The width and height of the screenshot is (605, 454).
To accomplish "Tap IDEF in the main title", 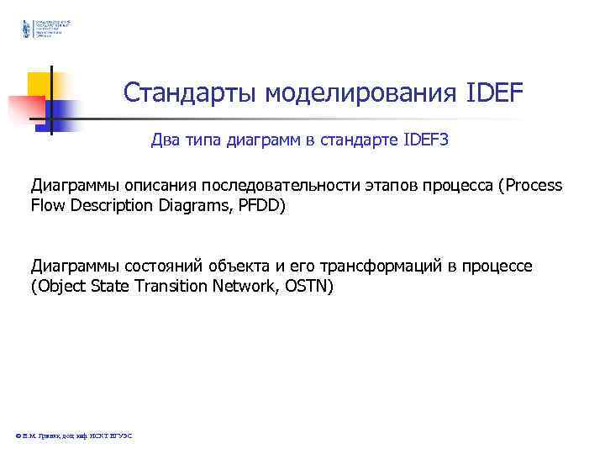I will pos(493,92).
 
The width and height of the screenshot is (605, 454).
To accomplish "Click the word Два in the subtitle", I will pos(166,140).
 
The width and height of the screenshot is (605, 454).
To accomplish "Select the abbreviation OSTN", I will pos(312,286).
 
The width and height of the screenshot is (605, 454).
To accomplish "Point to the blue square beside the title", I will pos(60,113).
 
